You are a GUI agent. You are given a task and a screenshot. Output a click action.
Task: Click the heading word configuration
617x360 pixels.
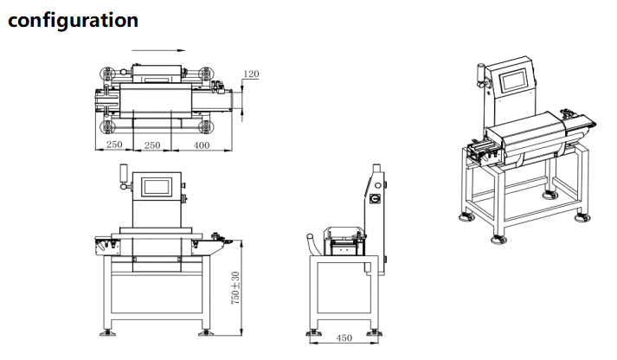pos(74,21)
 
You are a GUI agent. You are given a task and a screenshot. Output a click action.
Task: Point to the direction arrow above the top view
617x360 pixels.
pos(158,50)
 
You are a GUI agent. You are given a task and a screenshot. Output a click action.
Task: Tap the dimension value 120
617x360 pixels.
pos(251,74)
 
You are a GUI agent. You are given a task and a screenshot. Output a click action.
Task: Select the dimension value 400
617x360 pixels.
pos(202,145)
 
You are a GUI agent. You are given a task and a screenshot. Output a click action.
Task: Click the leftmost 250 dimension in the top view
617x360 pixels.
pos(114,145)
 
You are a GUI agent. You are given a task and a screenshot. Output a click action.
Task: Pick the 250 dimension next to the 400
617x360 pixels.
pos(152,145)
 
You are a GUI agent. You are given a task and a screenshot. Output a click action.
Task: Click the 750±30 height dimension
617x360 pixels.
pos(235,287)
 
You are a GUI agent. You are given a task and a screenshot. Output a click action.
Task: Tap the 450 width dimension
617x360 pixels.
pos(344,337)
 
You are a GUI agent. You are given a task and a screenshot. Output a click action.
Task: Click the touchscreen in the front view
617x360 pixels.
pos(157,187)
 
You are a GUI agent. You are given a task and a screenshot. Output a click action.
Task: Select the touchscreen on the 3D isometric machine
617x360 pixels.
pos(513,81)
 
